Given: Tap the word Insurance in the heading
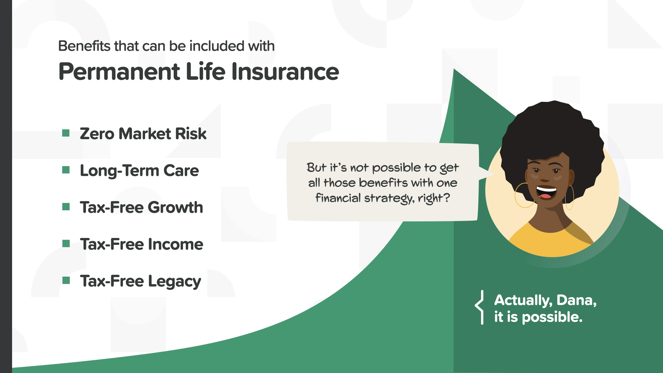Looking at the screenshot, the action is point(285,71).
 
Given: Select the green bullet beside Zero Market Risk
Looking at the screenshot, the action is point(66,133).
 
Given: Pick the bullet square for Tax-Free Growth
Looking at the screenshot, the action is point(66,207).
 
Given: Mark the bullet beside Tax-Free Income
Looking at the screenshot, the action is point(66,243).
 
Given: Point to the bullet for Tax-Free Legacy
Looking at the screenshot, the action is point(66,280).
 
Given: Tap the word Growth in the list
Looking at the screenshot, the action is point(176,208).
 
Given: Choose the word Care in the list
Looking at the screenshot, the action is point(181,171).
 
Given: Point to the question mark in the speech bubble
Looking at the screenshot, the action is point(446,198).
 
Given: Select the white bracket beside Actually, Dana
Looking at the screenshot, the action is point(479,307).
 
